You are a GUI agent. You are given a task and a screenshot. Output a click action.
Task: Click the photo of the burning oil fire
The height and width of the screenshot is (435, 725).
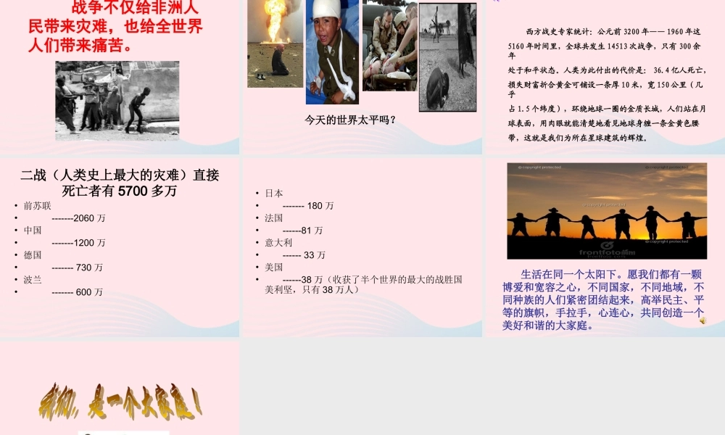pos(275,43)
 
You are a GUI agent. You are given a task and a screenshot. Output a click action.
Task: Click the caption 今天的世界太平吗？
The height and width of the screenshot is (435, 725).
pos(351,120)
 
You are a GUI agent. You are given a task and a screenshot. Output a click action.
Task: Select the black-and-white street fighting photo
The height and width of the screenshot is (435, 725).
pos(117,100)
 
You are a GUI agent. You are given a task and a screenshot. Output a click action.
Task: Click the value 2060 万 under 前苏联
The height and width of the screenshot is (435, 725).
pos(79,218)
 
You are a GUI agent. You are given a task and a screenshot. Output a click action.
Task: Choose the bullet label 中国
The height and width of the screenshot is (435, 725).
pos(33,231)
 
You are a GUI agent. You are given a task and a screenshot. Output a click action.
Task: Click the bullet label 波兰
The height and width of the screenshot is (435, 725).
pos(33,280)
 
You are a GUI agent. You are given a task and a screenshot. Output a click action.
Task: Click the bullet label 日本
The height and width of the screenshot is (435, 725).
pos(274,194)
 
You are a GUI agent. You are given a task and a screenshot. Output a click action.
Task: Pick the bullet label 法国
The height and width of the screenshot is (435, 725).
pos(274,218)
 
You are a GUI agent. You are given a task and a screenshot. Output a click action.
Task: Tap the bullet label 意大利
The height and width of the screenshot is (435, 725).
pos(278,243)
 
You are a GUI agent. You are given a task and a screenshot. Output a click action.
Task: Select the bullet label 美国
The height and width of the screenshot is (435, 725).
pos(274,268)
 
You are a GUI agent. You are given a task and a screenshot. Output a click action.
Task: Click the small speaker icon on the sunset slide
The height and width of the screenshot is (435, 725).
pos(703,320)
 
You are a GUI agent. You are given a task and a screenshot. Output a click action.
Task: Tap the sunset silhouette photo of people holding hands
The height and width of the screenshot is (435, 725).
pos(606,211)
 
